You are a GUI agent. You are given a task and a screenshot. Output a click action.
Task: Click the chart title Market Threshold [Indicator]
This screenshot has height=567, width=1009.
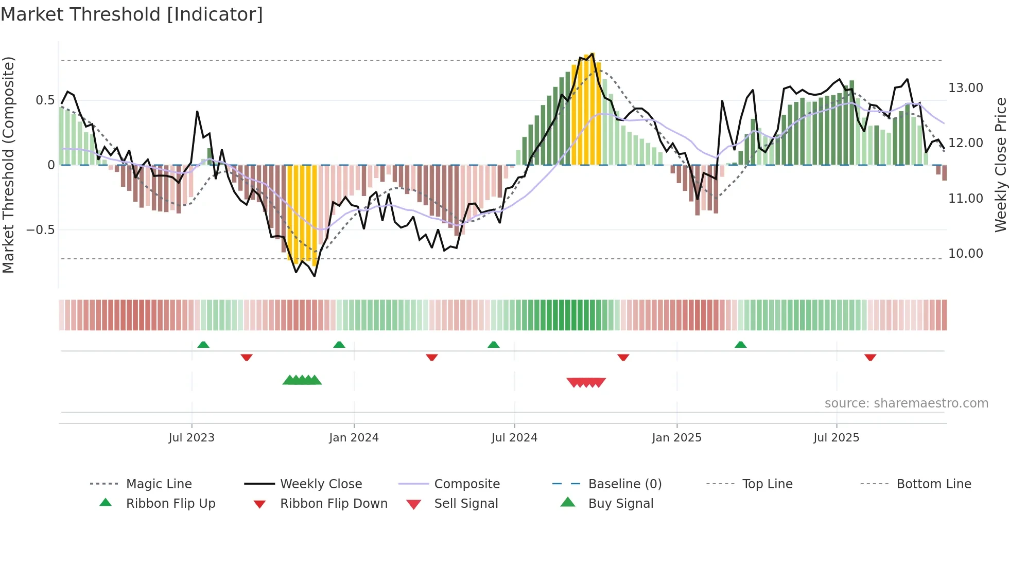point(132,14)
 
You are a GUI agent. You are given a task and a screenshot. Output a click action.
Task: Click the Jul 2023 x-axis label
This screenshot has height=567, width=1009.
point(192,437)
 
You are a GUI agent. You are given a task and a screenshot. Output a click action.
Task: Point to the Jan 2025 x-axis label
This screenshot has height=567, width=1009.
point(676,437)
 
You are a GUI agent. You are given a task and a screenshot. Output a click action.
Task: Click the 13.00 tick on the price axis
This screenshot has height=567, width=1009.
point(965,88)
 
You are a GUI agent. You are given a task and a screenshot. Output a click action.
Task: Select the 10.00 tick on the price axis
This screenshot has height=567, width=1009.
point(965,253)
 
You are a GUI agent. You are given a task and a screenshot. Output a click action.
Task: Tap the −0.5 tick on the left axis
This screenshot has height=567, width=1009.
point(40,229)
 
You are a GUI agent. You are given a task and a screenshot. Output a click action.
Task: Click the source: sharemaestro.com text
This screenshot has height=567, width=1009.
point(906,403)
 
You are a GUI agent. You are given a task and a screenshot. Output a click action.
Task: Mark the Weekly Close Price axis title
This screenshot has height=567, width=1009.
point(1000,165)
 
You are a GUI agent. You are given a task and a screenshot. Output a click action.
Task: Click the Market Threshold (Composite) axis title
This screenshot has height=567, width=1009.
point(8,165)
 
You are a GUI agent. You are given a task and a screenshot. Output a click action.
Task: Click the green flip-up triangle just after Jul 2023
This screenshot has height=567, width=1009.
point(203,344)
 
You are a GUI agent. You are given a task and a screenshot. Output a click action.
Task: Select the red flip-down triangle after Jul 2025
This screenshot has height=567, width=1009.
point(870,357)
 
